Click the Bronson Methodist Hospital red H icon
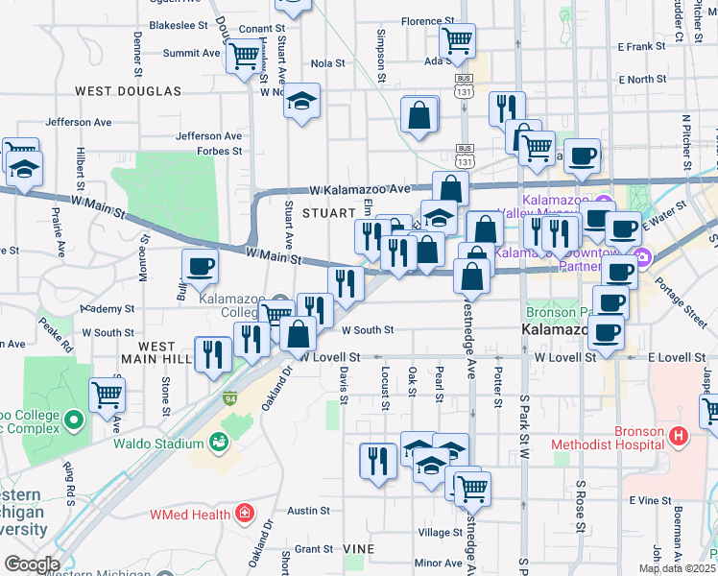(x=679, y=437)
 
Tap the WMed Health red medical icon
(x=245, y=514)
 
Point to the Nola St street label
(x=327, y=63)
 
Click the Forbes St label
(x=220, y=151)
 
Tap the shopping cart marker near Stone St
(x=107, y=394)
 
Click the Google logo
(x=31, y=564)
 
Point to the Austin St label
(x=308, y=511)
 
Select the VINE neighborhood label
(x=359, y=548)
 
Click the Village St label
(x=440, y=533)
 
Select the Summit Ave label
(x=192, y=54)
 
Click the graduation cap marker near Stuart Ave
(x=301, y=101)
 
